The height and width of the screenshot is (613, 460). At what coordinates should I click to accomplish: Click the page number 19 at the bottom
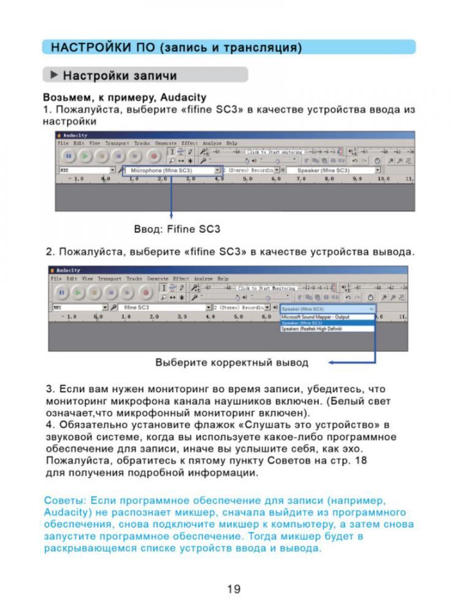233,590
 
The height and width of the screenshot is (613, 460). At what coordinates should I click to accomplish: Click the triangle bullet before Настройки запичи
54,75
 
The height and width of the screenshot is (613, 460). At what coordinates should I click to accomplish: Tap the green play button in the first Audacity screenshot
85,156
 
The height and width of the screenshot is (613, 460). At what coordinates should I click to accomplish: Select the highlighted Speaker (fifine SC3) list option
302,323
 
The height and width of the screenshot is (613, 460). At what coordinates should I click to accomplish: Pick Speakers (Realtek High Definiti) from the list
312,329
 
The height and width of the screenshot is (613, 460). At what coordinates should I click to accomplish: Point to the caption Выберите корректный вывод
232,362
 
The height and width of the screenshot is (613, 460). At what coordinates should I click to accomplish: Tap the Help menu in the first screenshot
232,143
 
